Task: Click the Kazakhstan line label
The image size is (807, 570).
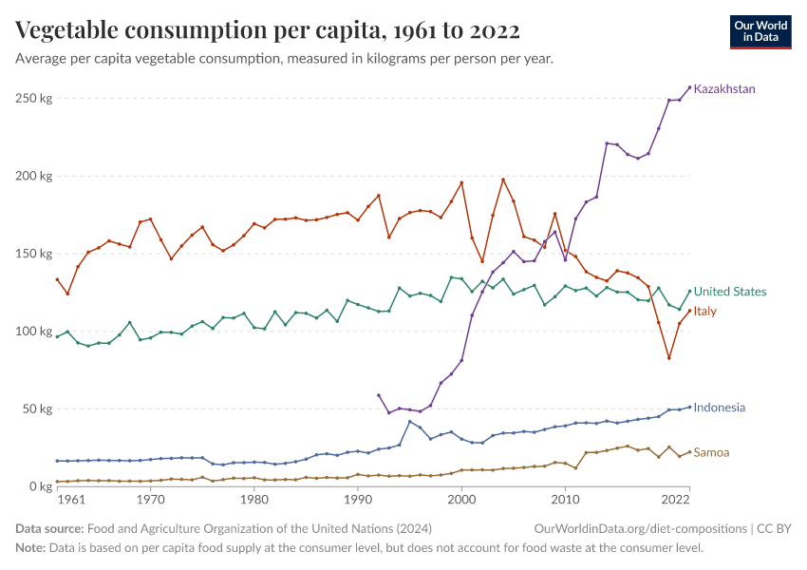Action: [x=724, y=89]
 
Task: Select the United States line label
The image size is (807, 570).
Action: [x=730, y=292]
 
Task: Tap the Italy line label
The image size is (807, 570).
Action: [x=705, y=311]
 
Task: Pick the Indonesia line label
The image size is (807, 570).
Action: [x=719, y=408]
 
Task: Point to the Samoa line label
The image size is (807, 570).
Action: [x=712, y=452]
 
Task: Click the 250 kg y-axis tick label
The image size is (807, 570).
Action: [x=33, y=98]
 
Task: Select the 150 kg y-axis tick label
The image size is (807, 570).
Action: [x=33, y=254]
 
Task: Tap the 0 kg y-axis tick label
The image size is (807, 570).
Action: [x=39, y=486]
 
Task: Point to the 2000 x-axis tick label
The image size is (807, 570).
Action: [x=461, y=500]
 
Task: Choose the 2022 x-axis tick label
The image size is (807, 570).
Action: [x=676, y=500]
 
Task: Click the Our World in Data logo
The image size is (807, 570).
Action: [x=760, y=31]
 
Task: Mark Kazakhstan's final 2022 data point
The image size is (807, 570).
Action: [x=689, y=87]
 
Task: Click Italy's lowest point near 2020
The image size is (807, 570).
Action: [x=668, y=358]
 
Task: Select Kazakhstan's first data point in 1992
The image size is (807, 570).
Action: [x=379, y=395]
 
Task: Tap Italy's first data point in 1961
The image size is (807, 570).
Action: [x=57, y=279]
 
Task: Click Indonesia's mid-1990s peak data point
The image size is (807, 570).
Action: [x=410, y=422]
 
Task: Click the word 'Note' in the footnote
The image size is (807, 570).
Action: [x=30, y=548]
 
